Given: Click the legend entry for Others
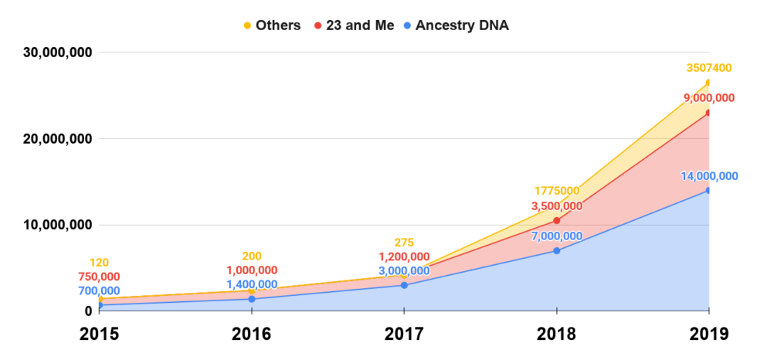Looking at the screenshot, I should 272,25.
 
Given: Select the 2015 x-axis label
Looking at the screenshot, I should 100,335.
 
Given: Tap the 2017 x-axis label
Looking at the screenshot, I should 404,335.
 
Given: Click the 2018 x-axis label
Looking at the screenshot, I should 556,335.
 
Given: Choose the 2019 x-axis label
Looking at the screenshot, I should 708,335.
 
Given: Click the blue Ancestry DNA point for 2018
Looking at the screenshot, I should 556,250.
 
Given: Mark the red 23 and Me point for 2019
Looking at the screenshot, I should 708,113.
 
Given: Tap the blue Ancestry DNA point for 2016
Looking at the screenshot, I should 252,299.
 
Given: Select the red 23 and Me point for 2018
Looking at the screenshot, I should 556,220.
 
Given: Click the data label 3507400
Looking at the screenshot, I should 708,69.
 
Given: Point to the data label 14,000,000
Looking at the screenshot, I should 708,176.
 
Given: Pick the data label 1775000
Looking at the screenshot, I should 556,191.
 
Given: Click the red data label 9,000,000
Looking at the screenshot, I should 708,98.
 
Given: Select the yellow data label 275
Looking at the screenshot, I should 404,243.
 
